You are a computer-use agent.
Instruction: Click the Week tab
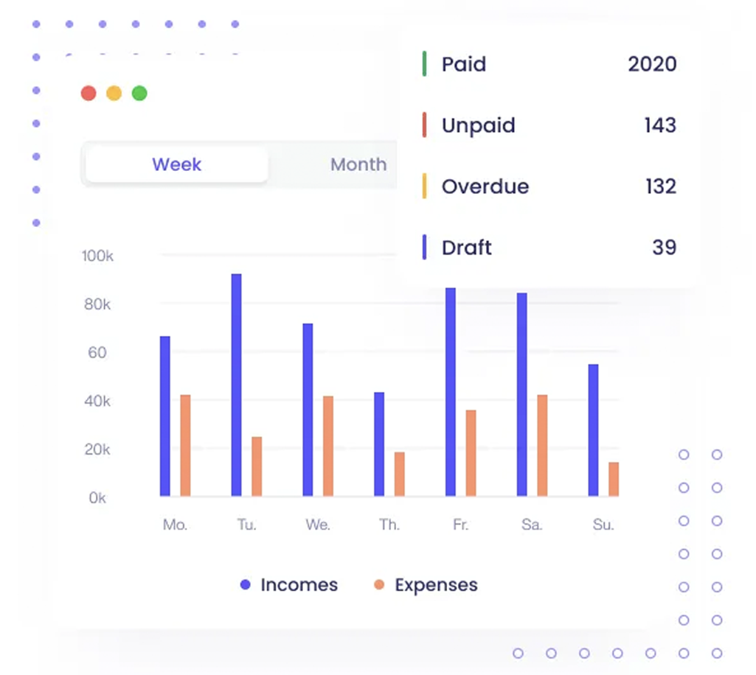coord(176,164)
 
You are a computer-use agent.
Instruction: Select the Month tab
coord(358,164)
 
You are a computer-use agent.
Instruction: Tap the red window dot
coord(89,94)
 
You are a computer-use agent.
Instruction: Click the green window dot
coord(139,94)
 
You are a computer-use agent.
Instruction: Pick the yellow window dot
coord(114,94)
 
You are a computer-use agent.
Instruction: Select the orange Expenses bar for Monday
coord(185,445)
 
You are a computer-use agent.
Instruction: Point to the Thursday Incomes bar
coord(379,444)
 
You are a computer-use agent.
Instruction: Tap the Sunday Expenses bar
coord(614,479)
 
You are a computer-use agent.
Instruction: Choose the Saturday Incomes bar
coord(522,394)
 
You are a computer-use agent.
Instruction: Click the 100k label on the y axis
coord(97,256)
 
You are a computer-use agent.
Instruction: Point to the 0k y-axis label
coord(97,498)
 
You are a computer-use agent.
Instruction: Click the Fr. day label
coord(460,525)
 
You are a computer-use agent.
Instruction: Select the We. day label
coord(318,525)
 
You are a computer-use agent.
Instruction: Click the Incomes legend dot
coord(246,585)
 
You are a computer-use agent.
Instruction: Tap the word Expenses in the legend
coord(436,585)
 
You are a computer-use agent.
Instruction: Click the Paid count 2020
coord(652,64)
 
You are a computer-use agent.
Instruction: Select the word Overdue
coord(485,186)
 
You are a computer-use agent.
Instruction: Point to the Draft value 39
coord(664,248)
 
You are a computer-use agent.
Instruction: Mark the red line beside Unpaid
coord(424,125)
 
